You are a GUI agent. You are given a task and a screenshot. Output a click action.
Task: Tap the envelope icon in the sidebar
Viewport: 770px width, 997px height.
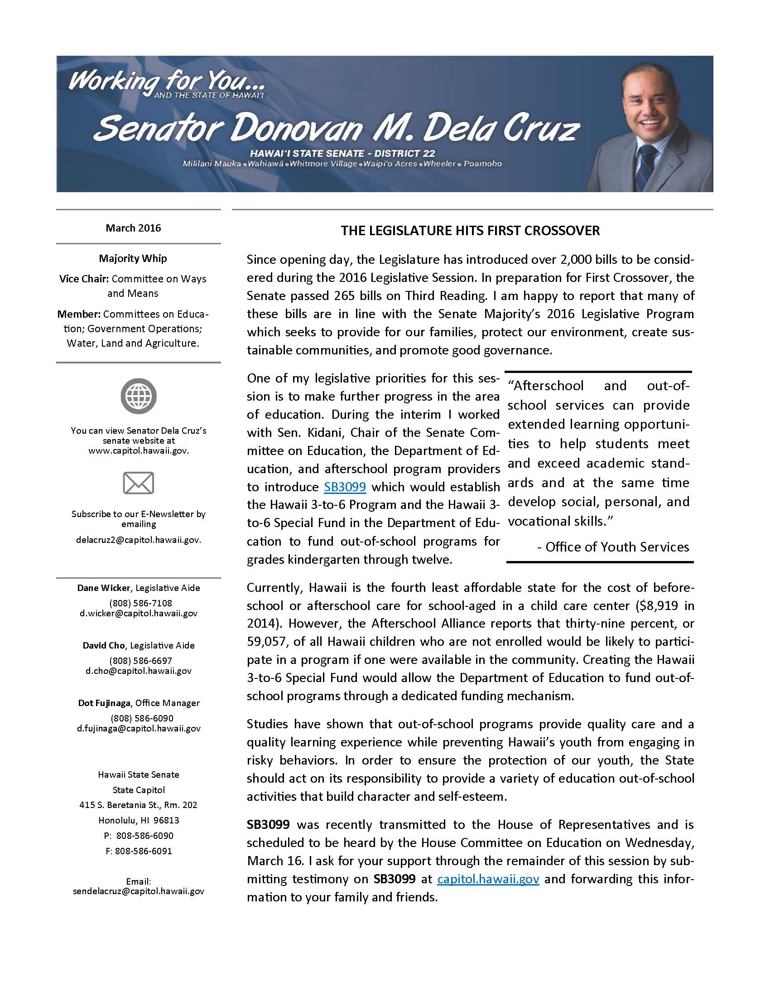(x=138, y=483)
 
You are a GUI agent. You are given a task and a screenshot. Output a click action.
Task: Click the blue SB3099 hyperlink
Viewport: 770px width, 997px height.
(x=345, y=487)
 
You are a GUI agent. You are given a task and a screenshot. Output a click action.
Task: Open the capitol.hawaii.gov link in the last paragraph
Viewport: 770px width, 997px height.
(x=488, y=879)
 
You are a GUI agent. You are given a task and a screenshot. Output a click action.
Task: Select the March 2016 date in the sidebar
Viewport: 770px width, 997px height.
(x=133, y=228)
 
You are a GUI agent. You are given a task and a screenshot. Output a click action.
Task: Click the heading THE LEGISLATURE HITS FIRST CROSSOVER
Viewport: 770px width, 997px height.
(x=470, y=231)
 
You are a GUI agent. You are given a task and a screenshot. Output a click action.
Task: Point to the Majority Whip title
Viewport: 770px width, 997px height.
(x=133, y=258)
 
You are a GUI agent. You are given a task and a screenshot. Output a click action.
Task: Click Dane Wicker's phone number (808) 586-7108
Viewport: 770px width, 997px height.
(x=138, y=603)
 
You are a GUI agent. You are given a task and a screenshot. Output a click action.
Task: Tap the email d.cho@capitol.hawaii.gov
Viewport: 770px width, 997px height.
(x=138, y=671)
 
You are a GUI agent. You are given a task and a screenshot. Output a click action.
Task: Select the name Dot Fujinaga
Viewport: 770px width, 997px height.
(x=106, y=703)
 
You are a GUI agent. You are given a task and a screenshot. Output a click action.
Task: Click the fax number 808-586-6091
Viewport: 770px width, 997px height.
(x=139, y=851)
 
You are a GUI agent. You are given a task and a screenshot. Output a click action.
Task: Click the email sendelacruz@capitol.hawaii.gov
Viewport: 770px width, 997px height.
(x=138, y=891)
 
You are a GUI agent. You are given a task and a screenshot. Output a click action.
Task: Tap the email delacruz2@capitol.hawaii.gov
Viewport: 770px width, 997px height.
(x=138, y=540)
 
